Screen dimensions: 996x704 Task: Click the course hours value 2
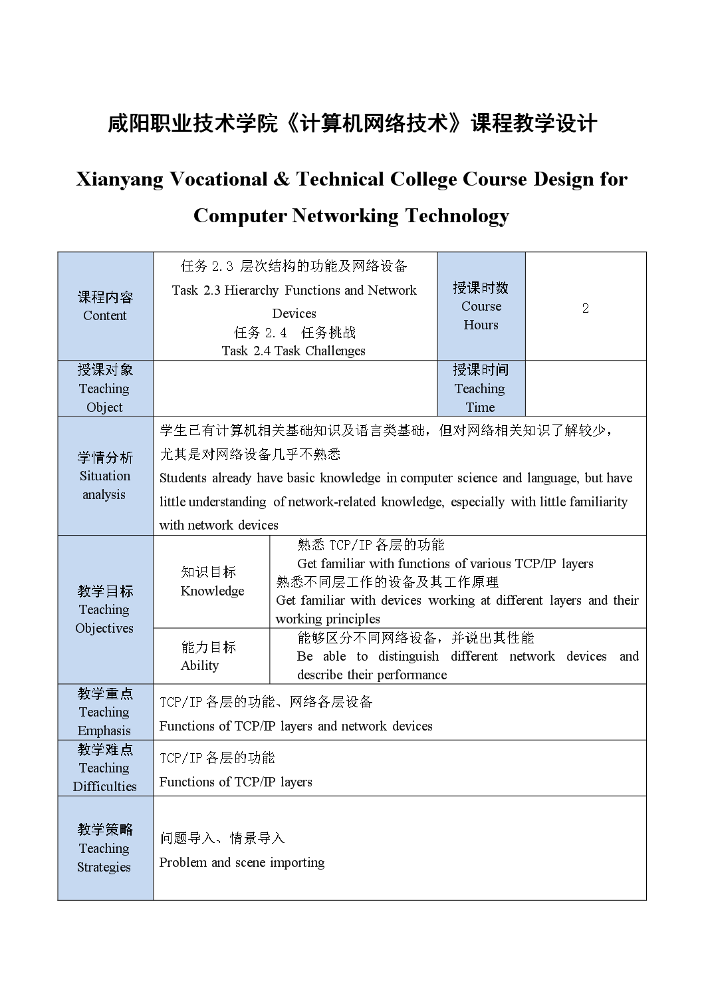click(x=585, y=308)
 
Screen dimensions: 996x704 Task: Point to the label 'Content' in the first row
click(x=105, y=316)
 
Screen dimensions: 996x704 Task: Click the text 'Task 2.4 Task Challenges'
click(x=293, y=351)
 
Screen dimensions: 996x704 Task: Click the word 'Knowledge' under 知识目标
click(x=212, y=591)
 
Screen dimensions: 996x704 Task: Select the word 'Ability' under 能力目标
click(x=199, y=666)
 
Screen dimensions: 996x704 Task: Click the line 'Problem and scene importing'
click(x=242, y=863)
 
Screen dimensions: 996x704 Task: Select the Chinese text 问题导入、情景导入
click(x=222, y=838)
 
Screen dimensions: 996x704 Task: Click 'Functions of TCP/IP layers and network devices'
click(x=296, y=727)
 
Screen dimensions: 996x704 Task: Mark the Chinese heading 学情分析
click(x=105, y=458)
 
